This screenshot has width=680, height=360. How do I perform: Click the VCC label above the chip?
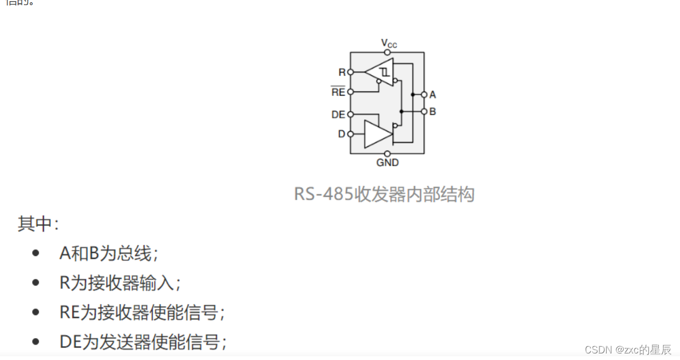tap(389, 43)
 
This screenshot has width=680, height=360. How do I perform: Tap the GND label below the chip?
tap(388, 162)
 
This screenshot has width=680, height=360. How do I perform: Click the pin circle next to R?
tap(350, 72)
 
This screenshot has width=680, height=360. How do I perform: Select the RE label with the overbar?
tap(338, 92)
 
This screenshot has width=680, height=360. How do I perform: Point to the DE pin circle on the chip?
tap(350, 114)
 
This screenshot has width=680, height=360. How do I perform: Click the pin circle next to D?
tap(350, 134)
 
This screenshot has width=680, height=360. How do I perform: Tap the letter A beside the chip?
tap(433, 95)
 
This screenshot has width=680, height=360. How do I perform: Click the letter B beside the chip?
tap(433, 112)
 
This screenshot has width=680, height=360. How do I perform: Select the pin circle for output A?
tap(424, 95)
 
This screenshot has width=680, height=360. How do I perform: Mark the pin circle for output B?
tap(424, 112)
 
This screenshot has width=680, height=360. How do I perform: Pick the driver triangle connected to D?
tap(377, 134)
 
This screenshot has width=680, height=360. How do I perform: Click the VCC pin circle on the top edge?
tap(388, 53)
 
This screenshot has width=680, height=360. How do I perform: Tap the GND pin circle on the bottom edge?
tap(388, 154)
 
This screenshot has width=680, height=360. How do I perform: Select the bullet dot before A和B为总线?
tap(36, 253)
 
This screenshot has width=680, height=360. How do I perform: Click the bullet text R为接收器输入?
tap(120, 283)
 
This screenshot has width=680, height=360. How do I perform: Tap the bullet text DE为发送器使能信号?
tap(143, 342)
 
